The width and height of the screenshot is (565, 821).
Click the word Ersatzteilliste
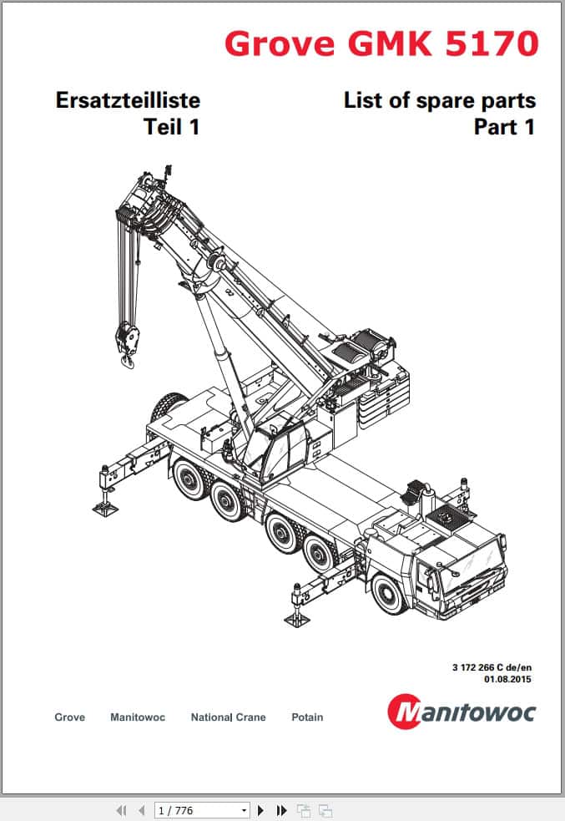[x=129, y=100]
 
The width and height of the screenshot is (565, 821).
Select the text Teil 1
[x=172, y=127]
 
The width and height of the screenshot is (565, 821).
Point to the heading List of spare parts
[x=440, y=100]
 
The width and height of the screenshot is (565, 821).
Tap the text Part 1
[x=504, y=127]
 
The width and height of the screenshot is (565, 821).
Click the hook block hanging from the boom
[x=127, y=344]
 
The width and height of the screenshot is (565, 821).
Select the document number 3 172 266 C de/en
[x=492, y=667]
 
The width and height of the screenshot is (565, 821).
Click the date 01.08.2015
[x=507, y=679]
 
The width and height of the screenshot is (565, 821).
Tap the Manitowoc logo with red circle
[x=462, y=711]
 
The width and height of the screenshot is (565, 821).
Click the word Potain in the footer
[x=307, y=717]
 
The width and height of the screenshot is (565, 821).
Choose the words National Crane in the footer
[x=228, y=717]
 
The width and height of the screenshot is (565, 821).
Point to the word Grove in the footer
[x=69, y=717]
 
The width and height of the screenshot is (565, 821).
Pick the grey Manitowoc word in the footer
[x=138, y=717]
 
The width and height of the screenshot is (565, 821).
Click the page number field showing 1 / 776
[x=201, y=810]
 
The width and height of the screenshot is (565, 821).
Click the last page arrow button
[x=281, y=810]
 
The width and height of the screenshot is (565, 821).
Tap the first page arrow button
[x=121, y=810]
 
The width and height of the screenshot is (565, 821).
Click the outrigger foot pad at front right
[x=297, y=620]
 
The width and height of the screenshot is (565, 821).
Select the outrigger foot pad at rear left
[x=106, y=507]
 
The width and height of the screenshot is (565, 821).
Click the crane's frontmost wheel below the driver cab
[x=390, y=595]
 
